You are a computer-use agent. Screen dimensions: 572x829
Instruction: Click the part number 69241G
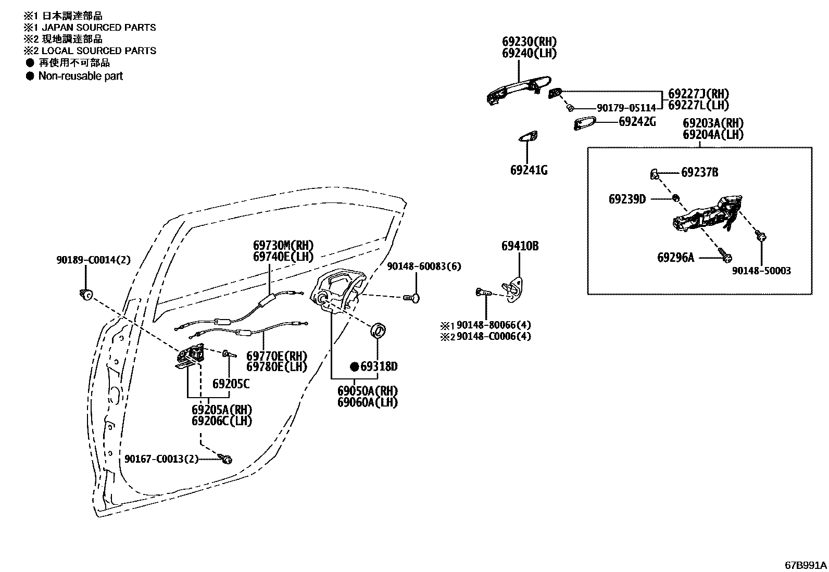pos(529,170)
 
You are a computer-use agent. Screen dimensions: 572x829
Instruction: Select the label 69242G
pos(636,122)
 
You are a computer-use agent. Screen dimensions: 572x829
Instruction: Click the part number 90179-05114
pos(626,108)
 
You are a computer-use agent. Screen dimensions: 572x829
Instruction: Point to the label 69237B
pos(699,172)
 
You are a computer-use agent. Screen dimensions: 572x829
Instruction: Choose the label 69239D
pos(627,199)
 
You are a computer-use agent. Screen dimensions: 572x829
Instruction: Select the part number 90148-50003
pos(761,271)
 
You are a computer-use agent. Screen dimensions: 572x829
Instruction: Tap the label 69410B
pos(520,246)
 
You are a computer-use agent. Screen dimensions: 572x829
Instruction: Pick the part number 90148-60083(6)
pos(424,266)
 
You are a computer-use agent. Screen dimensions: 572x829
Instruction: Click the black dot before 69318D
pos(354,367)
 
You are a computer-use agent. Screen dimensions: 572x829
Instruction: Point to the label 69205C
pos(231,384)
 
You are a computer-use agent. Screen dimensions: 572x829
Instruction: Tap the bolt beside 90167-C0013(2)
pos(227,459)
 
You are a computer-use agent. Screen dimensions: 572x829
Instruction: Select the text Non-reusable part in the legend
pos(80,76)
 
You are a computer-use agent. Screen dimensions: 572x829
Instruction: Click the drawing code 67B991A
pos(806,565)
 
